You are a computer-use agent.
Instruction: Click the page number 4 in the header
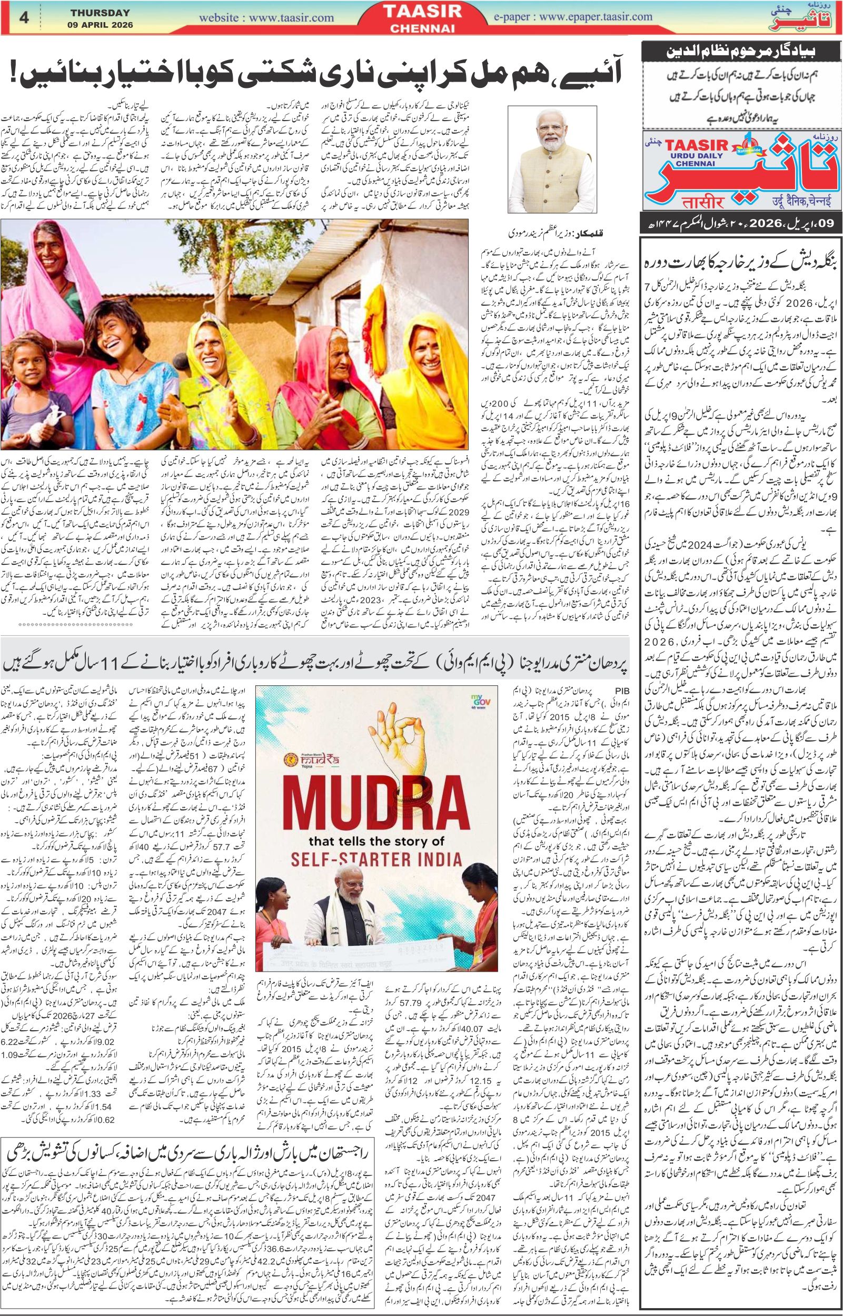pos(24,17)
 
